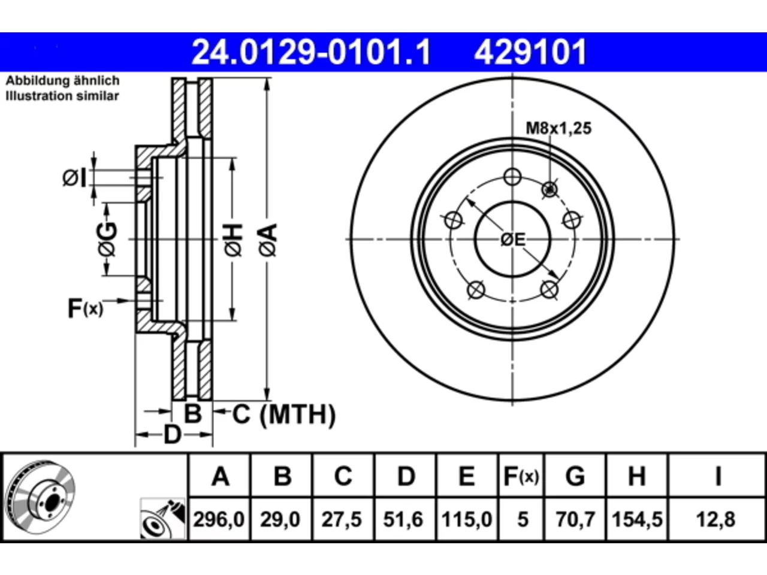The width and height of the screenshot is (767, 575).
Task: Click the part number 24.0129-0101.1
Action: tap(312, 52)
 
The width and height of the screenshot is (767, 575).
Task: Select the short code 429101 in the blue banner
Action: tap(530, 52)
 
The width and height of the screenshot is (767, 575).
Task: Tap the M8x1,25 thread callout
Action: tap(558, 128)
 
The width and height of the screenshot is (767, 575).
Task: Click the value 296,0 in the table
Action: tap(219, 519)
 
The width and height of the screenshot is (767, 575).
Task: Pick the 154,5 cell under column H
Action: tap(637, 519)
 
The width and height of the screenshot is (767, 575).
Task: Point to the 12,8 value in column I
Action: tap(715, 519)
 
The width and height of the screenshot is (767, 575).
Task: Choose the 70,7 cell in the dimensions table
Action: tap(575, 519)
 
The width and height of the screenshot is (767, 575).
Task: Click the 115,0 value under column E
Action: tap(466, 519)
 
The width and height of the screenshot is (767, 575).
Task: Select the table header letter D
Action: tap(406, 476)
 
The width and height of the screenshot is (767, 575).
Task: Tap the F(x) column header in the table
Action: tap(521, 476)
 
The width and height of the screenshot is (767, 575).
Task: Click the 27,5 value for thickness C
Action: tap(342, 519)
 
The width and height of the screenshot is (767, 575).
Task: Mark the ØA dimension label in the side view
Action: tap(268, 241)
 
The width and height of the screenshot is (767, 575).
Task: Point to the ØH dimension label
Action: tap(233, 241)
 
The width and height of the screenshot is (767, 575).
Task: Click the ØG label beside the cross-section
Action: tap(107, 240)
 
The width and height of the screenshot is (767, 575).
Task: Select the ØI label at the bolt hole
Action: tap(74, 178)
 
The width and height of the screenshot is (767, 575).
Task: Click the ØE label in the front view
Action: tap(512, 240)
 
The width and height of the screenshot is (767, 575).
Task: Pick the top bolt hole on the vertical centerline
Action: tap(512, 177)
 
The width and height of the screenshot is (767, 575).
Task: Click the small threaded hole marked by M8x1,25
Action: tap(550, 190)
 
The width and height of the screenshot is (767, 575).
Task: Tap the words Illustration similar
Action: tap(62, 96)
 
